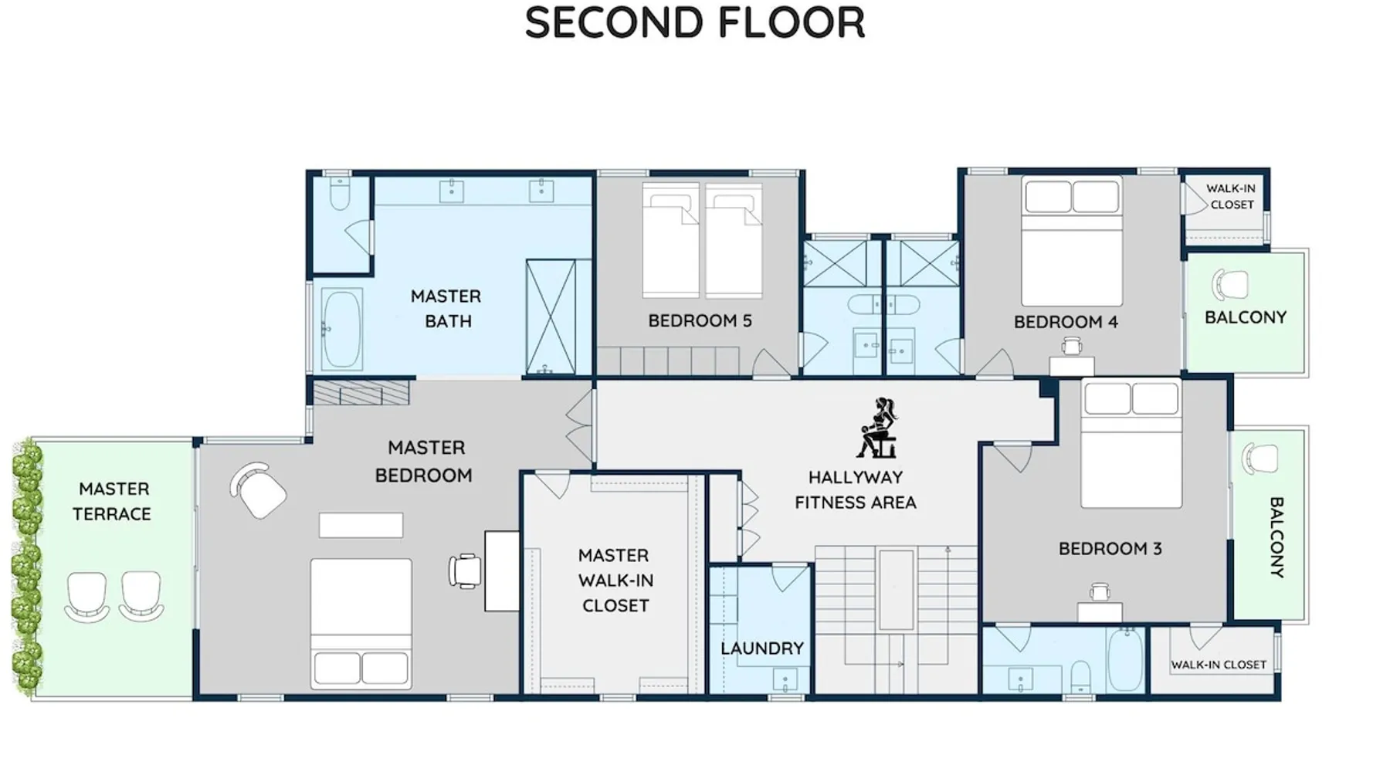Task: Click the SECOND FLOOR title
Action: point(695,22)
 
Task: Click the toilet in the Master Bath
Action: point(340,194)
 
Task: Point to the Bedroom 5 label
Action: point(700,320)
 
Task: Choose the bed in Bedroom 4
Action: point(1072,241)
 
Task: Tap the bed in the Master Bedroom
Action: point(361,623)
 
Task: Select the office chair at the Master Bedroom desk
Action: point(465,571)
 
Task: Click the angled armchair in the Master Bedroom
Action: point(258,491)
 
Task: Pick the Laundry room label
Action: point(762,648)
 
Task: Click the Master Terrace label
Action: point(113,501)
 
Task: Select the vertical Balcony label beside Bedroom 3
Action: point(1276,537)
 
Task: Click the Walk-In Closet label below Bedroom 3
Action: point(1219,665)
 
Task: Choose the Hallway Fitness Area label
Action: point(856,489)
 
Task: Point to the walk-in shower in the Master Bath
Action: point(551,317)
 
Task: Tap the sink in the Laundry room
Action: point(785,680)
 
